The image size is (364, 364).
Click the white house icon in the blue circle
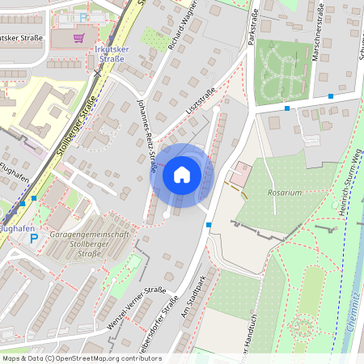tap(182, 175)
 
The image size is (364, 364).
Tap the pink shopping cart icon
tap(78, 37)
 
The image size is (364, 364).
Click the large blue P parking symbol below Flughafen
tap(33, 239)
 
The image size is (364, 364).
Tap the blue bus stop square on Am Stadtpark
tap(209, 224)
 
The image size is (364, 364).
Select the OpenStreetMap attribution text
tap(81, 358)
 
